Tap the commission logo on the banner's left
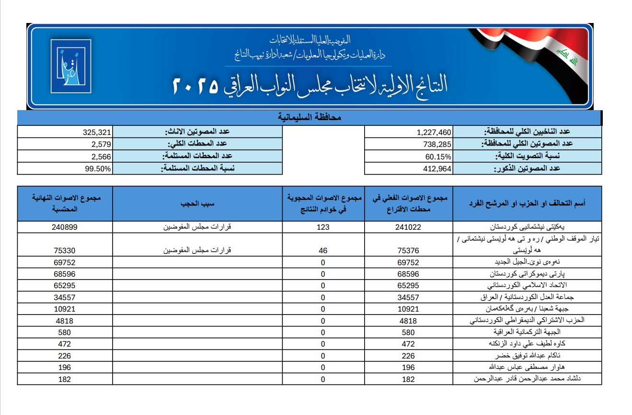click(x=70, y=66)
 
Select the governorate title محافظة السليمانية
click(x=309, y=117)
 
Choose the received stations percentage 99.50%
click(x=99, y=168)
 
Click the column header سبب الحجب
click(x=197, y=203)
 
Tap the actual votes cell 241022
click(x=408, y=227)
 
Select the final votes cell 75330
click(x=65, y=250)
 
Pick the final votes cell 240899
click(x=65, y=227)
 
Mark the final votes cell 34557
click(x=65, y=297)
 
